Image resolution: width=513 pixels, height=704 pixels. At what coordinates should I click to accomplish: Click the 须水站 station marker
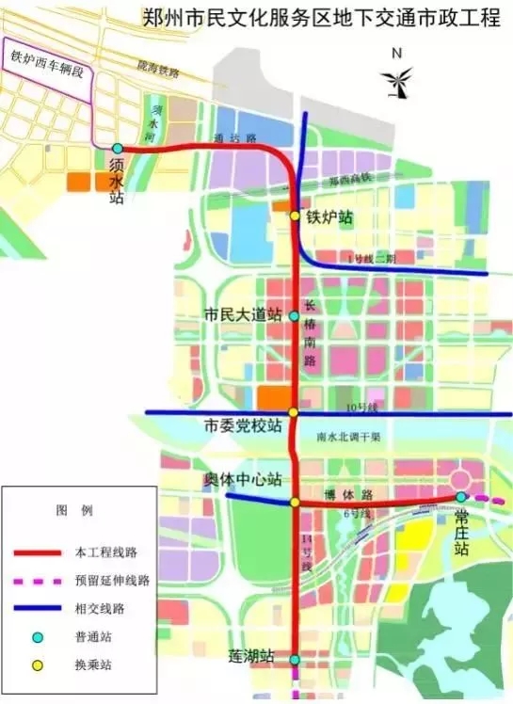pyautogui.click(x=117, y=149)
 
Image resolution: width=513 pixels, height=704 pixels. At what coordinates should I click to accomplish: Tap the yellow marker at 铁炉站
pyautogui.click(x=295, y=216)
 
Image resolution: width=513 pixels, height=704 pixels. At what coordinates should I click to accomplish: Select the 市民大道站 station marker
pyautogui.click(x=294, y=316)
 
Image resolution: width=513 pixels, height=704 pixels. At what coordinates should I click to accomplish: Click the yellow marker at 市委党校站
pyautogui.click(x=294, y=412)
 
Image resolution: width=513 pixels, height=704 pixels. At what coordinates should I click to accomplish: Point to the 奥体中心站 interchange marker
pyautogui.click(x=295, y=502)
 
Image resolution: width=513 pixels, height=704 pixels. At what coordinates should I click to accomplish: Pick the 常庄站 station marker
pyautogui.click(x=460, y=496)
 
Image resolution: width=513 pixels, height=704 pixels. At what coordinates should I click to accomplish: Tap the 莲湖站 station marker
pyautogui.click(x=295, y=660)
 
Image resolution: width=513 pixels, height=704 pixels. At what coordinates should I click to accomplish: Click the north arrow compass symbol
pyautogui.click(x=397, y=77)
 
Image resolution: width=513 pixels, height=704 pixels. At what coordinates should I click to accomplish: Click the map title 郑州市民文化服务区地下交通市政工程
pyautogui.click(x=321, y=18)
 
